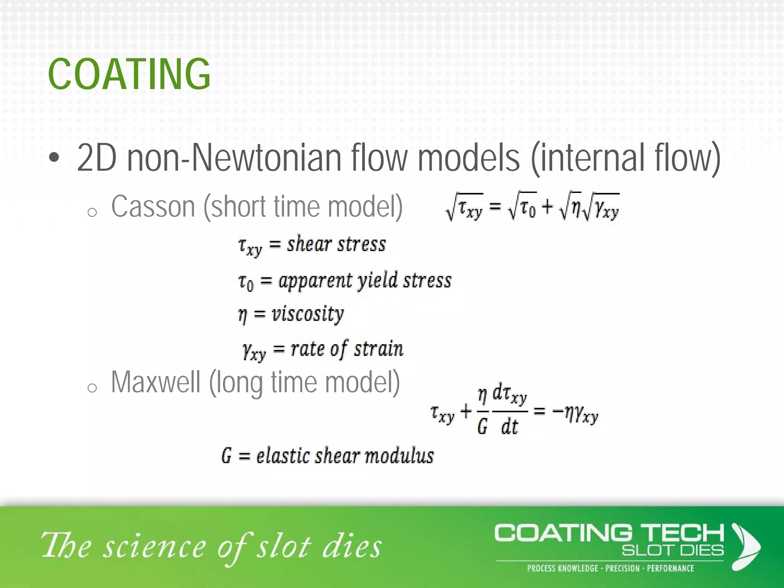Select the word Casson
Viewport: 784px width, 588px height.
[153, 207]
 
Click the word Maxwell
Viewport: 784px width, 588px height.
[155, 382]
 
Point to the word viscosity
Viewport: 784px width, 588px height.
[308, 314]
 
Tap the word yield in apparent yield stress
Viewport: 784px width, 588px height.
[377, 281]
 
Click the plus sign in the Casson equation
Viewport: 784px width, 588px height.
[548, 207]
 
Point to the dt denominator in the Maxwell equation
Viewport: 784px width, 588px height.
[510, 427]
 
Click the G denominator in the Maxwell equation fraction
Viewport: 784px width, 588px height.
[482, 427]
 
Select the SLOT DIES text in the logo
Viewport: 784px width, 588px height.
[673, 550]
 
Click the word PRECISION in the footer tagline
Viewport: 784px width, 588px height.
[622, 568]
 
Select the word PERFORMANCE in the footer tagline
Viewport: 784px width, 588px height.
[670, 568]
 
